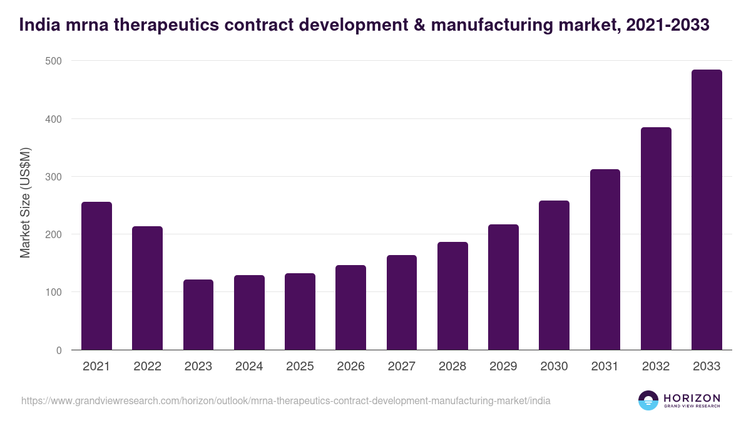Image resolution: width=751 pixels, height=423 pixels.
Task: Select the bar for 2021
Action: click(x=96, y=276)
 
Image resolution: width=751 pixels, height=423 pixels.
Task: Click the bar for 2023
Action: click(x=198, y=315)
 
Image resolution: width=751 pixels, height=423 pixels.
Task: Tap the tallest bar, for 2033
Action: click(x=707, y=210)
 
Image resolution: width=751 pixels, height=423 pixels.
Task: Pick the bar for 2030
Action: click(x=554, y=275)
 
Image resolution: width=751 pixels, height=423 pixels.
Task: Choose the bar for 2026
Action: click(x=350, y=308)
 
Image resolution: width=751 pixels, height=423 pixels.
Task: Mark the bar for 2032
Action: click(x=656, y=239)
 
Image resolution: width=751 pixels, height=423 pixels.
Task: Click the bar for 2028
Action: click(x=452, y=296)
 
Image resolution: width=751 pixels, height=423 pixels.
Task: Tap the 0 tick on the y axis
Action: click(x=59, y=350)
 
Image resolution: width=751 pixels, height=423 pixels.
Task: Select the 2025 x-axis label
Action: click(x=300, y=367)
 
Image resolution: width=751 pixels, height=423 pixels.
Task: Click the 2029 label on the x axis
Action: click(x=503, y=367)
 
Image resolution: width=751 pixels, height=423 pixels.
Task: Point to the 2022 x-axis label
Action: click(x=147, y=367)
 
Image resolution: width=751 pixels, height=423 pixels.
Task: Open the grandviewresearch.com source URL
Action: click(x=286, y=400)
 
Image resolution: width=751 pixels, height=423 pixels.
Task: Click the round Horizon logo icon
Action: click(x=648, y=400)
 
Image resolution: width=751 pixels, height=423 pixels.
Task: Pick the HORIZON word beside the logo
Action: click(x=692, y=398)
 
